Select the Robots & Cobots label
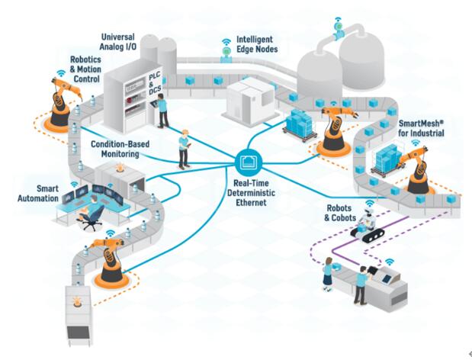click(337, 212)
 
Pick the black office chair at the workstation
click(90, 218)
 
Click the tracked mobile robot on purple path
click(372, 227)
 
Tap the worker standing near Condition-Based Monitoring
click(184, 149)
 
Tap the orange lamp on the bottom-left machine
click(77, 301)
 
